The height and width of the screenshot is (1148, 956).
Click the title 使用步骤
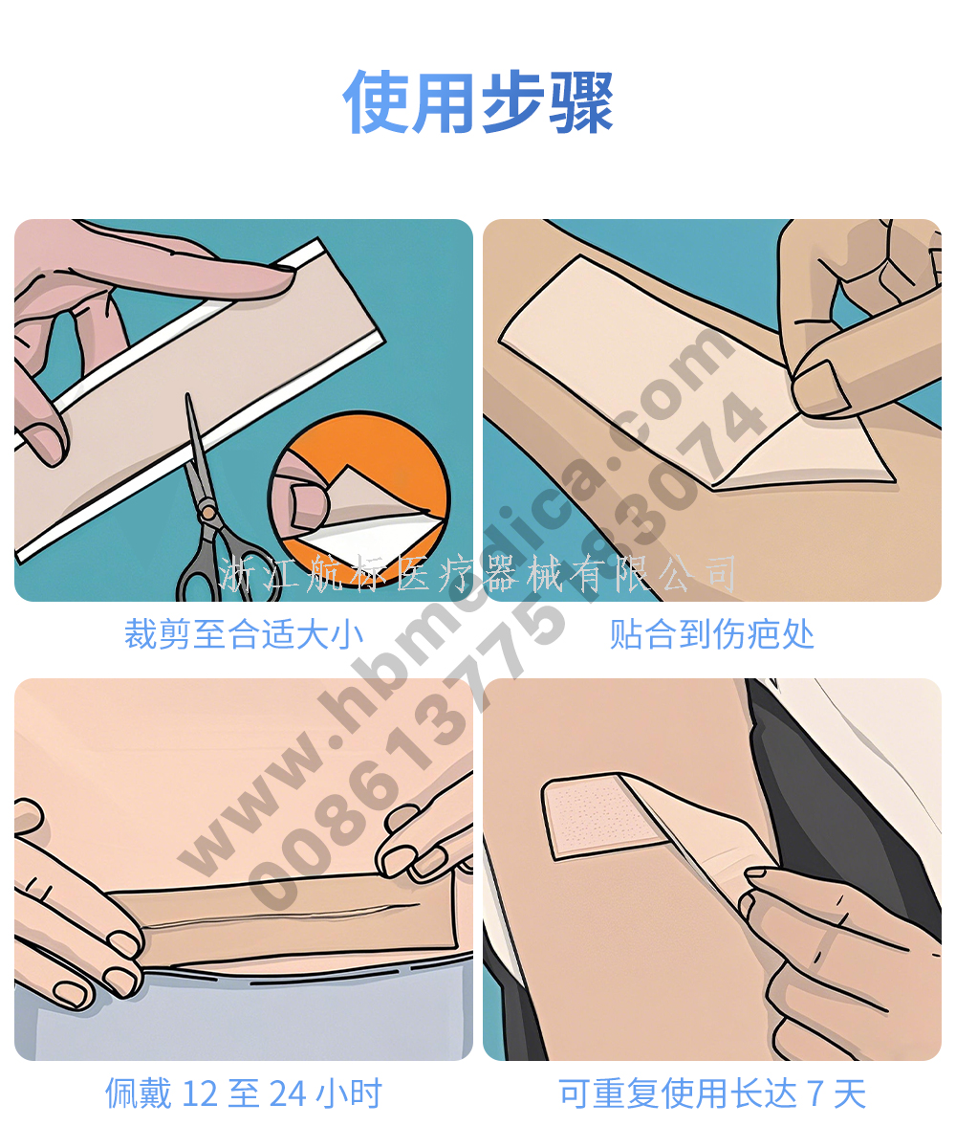(x=478, y=101)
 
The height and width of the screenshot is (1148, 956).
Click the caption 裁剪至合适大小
(x=244, y=634)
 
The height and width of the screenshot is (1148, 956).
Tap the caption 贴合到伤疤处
(x=711, y=634)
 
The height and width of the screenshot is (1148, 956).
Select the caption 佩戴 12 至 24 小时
(x=244, y=1093)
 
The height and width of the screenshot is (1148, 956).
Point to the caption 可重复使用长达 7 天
(x=712, y=1093)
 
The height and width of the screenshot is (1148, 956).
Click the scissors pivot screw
(x=207, y=513)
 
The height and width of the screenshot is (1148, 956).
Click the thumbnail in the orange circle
(x=309, y=503)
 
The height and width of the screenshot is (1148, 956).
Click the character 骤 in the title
(x=581, y=101)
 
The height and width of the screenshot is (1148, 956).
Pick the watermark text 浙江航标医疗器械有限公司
(x=477, y=574)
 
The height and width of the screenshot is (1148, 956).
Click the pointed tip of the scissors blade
(x=188, y=394)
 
